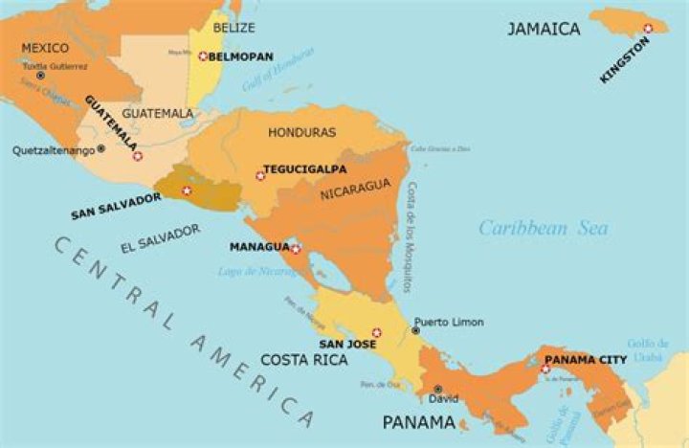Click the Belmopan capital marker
(203, 56)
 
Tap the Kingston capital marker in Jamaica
(648, 29)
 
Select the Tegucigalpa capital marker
(260, 175)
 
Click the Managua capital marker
(296, 249)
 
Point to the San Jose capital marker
(376, 333)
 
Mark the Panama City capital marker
(545, 370)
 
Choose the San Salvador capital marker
(187, 190)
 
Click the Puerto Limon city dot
(415, 330)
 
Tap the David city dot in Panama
(437, 389)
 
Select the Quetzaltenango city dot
(100, 149)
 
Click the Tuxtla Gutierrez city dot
(40, 76)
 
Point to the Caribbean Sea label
(543, 228)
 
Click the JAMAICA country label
(543, 29)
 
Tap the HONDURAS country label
(301, 132)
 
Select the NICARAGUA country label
(355, 184)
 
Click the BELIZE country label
(234, 28)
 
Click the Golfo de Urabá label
(648, 350)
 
